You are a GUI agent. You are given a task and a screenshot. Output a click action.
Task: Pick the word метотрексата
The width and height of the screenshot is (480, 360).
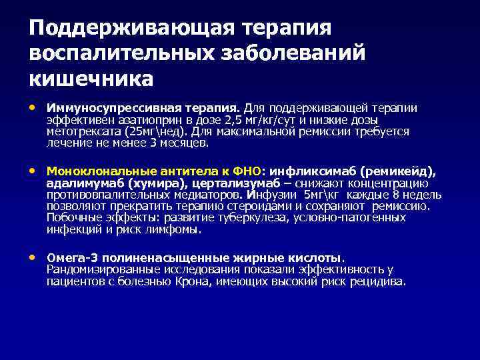coord(83,131)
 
